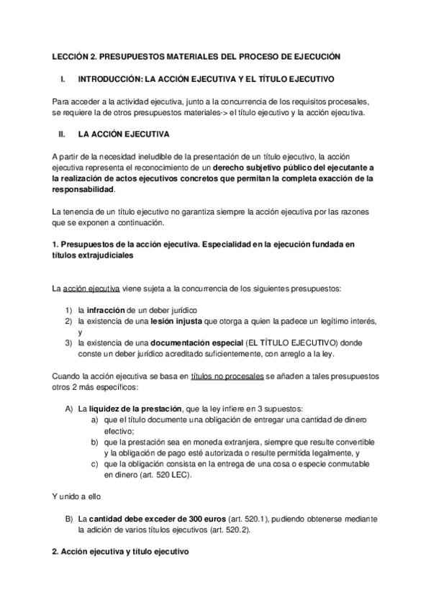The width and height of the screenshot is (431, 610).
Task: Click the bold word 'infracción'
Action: click(x=109, y=309)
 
